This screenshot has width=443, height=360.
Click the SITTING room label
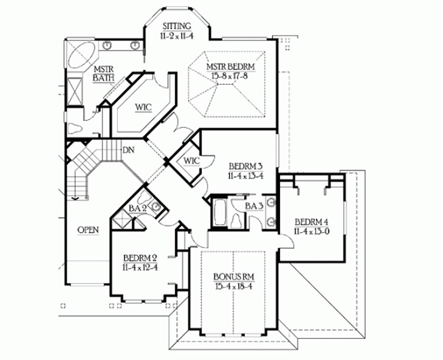pyautogui.click(x=177, y=26)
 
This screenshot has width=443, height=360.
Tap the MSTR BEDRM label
pyautogui.click(x=230, y=67)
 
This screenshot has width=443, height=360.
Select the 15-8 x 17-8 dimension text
pyautogui.click(x=230, y=76)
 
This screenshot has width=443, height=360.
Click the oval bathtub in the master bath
pyautogui.click(x=81, y=55)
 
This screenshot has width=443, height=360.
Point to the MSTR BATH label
pyautogui.click(x=104, y=74)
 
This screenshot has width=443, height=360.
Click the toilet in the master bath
pyautogui.click(x=75, y=128)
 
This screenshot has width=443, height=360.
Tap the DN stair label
pyautogui.click(x=128, y=150)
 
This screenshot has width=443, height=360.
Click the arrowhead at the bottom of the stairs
pyautogui.click(x=75, y=199)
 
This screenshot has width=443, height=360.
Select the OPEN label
pyautogui.click(x=88, y=230)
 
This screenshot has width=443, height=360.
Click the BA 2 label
pyautogui.click(x=137, y=209)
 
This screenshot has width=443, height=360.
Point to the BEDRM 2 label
pyautogui.click(x=140, y=258)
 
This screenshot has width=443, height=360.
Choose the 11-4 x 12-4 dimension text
pyautogui.click(x=140, y=268)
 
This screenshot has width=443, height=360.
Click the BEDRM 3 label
pyautogui.click(x=246, y=166)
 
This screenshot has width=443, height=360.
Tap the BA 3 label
pyautogui.click(x=254, y=206)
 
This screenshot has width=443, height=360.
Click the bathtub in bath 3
pyautogui.click(x=220, y=212)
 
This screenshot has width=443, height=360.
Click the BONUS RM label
pyautogui.click(x=234, y=276)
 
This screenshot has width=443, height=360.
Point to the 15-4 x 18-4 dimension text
pyautogui.click(x=233, y=286)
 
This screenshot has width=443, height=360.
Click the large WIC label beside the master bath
pyautogui.click(x=143, y=107)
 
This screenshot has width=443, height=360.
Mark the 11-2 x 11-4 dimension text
pyautogui.click(x=177, y=35)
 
